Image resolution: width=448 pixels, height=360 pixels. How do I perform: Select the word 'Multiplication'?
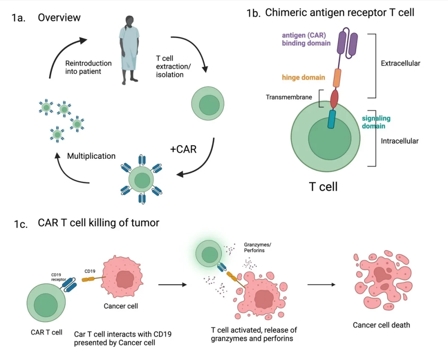[91, 156]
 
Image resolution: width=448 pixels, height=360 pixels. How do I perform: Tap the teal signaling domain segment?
[332, 119]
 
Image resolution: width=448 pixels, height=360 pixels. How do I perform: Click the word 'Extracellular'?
[400, 63]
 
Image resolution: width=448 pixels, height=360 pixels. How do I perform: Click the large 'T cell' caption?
[323, 187]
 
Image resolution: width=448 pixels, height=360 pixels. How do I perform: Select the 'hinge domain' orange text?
[303, 78]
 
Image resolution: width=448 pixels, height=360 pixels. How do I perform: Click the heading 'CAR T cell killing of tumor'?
[98, 223]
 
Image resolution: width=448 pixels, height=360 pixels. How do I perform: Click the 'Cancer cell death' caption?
[381, 325]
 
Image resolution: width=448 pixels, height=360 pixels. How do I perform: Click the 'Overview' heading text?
[59, 18]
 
